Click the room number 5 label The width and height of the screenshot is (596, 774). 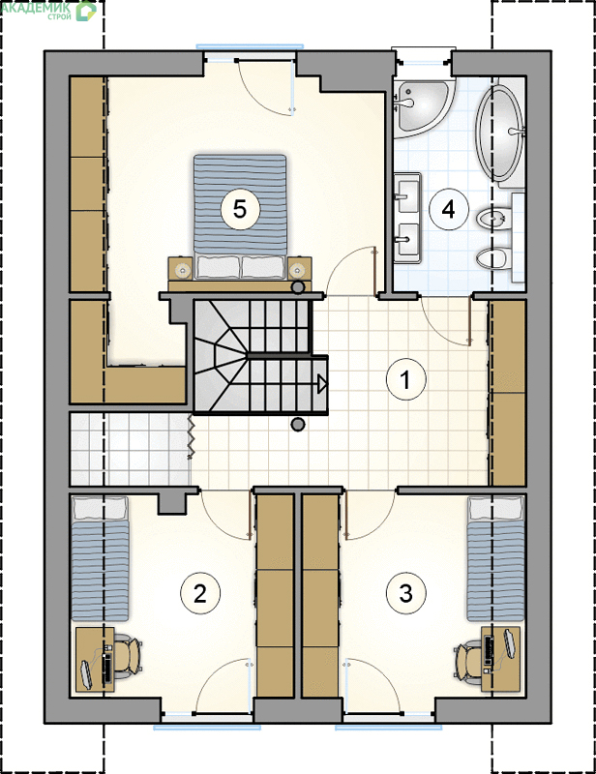[x=240, y=209]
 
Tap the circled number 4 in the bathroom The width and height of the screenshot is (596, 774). [x=448, y=209]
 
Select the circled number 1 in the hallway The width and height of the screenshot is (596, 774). [x=405, y=379]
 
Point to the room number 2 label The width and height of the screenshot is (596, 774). [x=200, y=593]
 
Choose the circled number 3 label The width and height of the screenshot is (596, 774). [x=405, y=592]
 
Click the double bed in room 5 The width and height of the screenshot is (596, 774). [x=240, y=217]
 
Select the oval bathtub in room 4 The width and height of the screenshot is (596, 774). [x=499, y=134]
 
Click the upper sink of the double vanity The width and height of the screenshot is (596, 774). [x=407, y=196]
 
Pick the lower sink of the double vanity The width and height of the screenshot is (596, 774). [x=407, y=239]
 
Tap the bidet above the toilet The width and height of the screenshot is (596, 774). [x=493, y=219]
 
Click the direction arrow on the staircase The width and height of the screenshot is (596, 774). [x=322, y=384]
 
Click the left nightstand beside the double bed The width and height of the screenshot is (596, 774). [x=181, y=269]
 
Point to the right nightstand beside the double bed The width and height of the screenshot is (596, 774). [x=299, y=269]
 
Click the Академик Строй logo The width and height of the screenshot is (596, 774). [x=48, y=11]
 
